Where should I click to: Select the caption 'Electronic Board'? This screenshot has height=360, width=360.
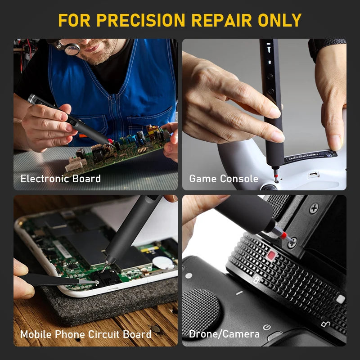click(x=60, y=179)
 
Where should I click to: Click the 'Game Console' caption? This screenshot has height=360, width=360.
click(x=224, y=179)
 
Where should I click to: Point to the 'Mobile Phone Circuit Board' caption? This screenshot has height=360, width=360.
click(x=85, y=334)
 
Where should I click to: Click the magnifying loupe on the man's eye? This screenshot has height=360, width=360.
click(x=72, y=48)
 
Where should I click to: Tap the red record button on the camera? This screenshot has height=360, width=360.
click(x=271, y=256)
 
